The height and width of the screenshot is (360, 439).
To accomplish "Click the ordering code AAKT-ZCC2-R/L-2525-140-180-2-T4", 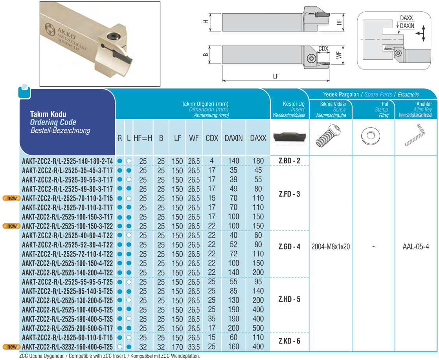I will click(x=68, y=161).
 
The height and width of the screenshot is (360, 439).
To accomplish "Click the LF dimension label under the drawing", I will click(x=276, y=77).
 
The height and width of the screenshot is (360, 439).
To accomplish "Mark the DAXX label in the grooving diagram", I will click(x=406, y=18).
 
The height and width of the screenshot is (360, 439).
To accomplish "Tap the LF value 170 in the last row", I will click(x=177, y=347).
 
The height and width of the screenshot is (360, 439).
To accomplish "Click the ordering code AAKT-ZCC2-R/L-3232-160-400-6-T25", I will click(x=68, y=347).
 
